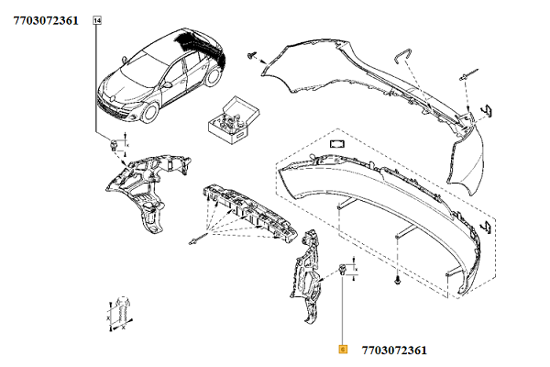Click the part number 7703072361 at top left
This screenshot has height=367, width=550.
click(x=46, y=20)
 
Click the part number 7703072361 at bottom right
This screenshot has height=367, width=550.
click(x=394, y=350)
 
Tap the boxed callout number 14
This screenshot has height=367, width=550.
click(x=97, y=21)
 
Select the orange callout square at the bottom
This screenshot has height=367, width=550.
click(x=343, y=350)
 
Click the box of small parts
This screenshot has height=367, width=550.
click(x=234, y=120)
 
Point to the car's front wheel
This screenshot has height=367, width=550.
click(x=150, y=112)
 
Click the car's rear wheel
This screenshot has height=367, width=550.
click(x=213, y=76)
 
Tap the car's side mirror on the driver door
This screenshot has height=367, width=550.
click(x=168, y=84)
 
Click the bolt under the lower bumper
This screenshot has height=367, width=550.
click(x=397, y=280)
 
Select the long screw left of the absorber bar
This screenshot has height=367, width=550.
click(x=197, y=239)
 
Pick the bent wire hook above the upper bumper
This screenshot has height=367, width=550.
click(x=402, y=55)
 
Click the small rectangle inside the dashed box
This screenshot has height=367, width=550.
click(x=337, y=144)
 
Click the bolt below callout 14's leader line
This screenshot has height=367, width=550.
click(x=114, y=145)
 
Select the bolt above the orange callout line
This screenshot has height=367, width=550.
click(x=342, y=270)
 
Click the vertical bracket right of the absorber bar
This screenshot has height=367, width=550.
click(x=306, y=274)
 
